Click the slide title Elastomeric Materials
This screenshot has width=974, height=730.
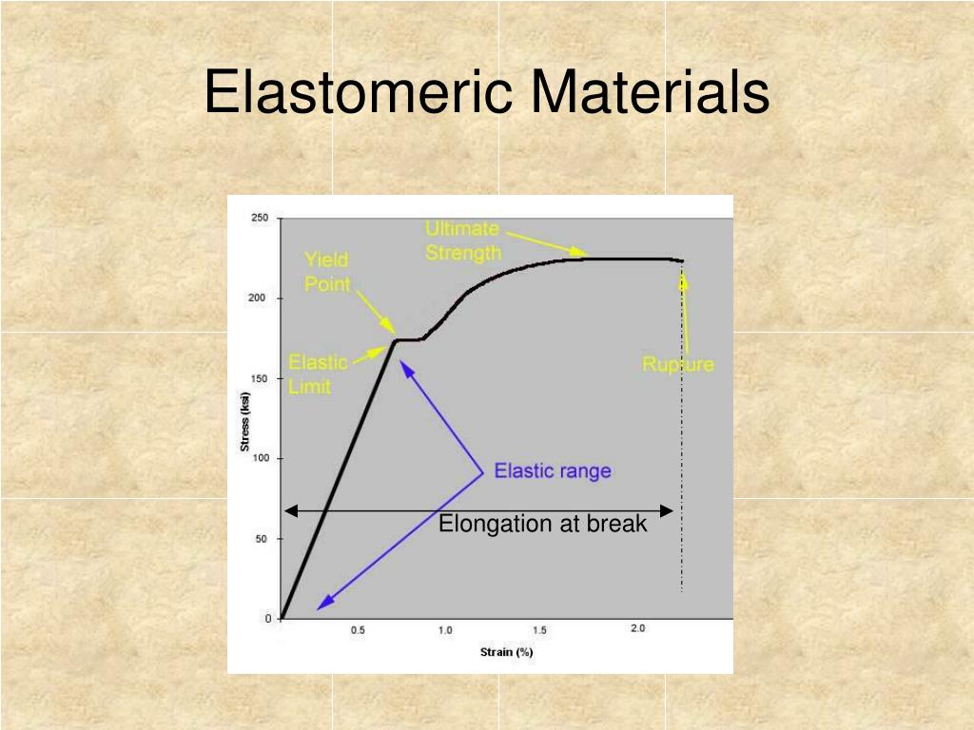click(486, 93)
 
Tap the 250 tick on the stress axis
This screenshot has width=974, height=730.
click(260, 218)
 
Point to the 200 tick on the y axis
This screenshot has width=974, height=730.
click(260, 298)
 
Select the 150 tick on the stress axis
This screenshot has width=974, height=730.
click(260, 378)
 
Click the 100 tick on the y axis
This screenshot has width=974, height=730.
click(260, 458)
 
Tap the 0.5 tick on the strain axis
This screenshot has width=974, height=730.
click(358, 630)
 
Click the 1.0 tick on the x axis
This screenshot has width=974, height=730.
click(445, 630)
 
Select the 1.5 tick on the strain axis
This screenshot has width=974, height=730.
click(540, 630)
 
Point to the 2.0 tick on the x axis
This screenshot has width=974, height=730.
click(637, 629)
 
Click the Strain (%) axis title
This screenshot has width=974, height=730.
click(506, 652)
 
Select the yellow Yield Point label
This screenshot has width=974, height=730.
click(327, 272)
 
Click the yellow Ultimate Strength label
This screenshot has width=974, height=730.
click(462, 240)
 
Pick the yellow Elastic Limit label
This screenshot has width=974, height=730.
click(318, 375)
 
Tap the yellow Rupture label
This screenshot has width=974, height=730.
click(677, 364)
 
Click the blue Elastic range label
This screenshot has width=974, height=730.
click(553, 471)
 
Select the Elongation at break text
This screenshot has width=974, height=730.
click(542, 524)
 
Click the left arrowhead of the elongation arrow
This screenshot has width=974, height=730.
click(291, 511)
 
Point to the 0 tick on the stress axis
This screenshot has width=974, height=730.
click(267, 619)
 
